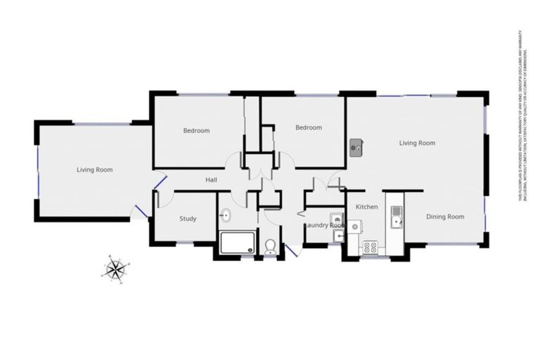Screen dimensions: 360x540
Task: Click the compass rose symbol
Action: coord(115,268)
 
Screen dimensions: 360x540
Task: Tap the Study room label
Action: coord(188,219)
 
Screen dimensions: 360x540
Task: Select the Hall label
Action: coord(211,181)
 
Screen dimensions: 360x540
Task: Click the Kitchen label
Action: coord(367,207)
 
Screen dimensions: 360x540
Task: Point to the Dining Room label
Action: coord(445,217)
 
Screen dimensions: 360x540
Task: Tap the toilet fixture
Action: coord(271,245)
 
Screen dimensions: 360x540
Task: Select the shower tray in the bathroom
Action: coord(238,243)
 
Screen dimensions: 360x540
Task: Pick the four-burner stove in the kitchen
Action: coord(370,247)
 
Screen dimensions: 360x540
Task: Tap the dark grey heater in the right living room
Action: coord(356,148)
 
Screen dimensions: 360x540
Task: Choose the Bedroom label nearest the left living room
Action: coord(196,131)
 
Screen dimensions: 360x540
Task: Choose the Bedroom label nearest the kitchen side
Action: coord(308,128)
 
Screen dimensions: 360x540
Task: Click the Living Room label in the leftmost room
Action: coord(94,169)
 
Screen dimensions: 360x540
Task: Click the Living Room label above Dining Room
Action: coord(417,143)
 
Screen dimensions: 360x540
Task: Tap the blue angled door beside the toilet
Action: coord(291,249)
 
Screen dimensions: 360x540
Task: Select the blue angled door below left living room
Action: coord(141,210)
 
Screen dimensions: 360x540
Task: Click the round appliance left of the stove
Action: coord(354,226)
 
